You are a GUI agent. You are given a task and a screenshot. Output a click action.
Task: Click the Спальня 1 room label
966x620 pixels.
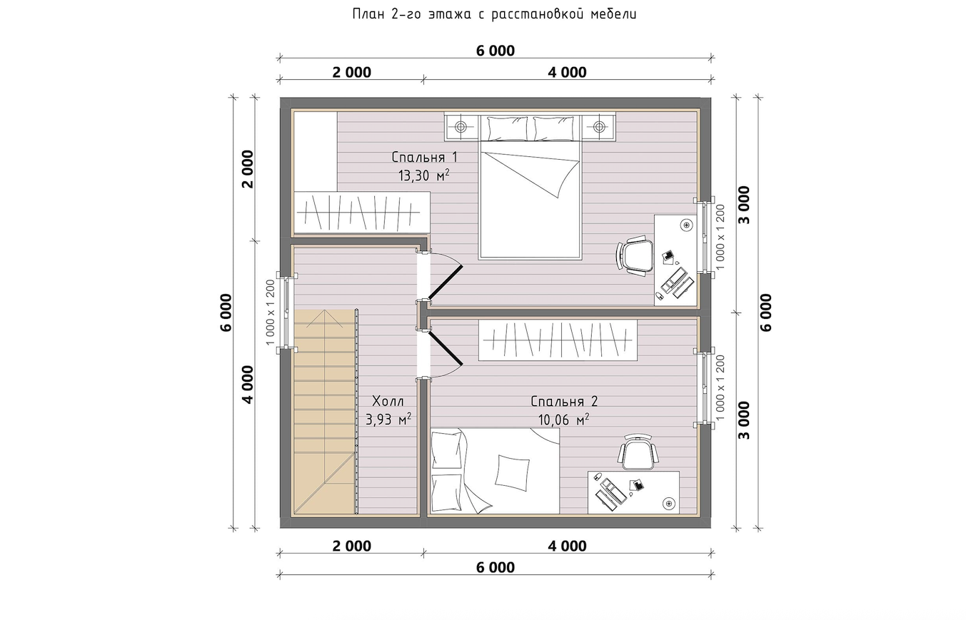tap(424, 157)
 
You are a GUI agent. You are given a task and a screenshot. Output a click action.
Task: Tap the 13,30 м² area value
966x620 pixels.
tap(424, 176)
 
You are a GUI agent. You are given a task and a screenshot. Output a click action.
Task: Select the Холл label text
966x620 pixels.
tap(388, 402)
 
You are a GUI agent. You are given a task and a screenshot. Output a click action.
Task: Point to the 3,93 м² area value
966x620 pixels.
tap(388, 420)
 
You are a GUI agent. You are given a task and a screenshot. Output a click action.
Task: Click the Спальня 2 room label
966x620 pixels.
tap(564, 402)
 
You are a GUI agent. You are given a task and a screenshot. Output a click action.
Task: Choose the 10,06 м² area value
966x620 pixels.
tap(563, 420)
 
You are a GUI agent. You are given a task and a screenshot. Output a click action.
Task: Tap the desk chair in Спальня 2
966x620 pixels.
tap(638, 452)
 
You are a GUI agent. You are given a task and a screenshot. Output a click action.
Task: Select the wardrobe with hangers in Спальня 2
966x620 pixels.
tap(558, 340)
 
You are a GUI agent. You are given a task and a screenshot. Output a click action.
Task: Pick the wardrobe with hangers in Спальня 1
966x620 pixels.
tap(362, 213)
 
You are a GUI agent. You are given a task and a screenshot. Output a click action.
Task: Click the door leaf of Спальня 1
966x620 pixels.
tap(445, 283)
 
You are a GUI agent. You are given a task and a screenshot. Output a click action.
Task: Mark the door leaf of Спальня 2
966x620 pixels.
tap(445, 347)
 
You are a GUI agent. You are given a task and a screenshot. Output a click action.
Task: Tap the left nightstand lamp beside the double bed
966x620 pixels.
tap(461, 127)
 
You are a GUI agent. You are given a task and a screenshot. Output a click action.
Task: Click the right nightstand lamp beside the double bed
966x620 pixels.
tap(598, 127)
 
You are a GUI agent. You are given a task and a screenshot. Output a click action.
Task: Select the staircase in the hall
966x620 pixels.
tap(326, 412)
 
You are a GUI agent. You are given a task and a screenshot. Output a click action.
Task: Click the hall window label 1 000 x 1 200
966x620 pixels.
tap(270, 312)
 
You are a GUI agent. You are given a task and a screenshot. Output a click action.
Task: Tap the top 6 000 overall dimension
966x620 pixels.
tap(495, 51)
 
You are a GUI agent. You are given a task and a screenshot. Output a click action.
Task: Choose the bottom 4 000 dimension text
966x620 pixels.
tap(568, 547)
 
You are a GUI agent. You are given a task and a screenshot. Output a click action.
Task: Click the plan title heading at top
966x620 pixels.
tap(495, 14)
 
